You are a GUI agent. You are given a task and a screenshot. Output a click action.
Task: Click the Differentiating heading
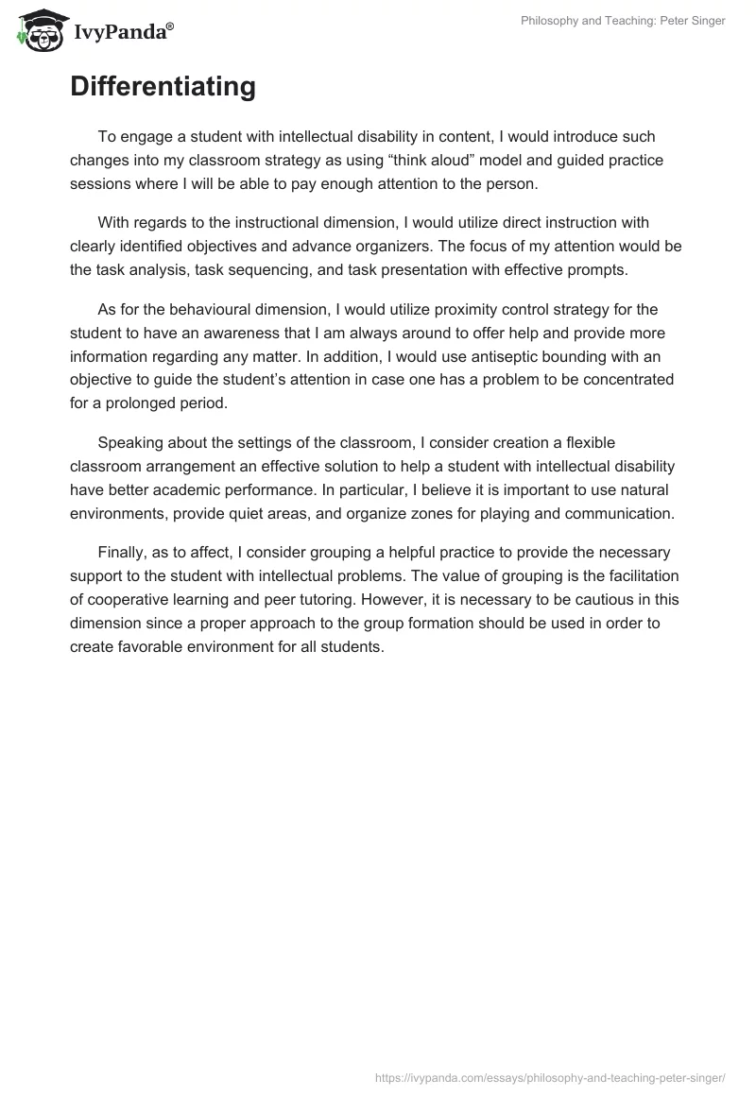[x=163, y=87]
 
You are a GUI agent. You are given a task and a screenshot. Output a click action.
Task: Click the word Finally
[x=122, y=552]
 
